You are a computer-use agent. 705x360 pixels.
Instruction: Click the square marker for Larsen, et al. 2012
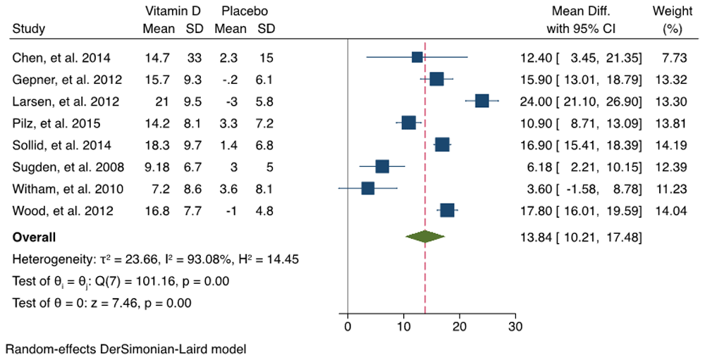tap(482, 101)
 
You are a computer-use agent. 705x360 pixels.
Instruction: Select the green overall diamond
tap(425, 237)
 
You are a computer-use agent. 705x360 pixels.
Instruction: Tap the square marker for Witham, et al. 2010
tap(367, 188)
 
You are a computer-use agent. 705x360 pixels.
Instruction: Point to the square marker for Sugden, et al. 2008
tap(381, 166)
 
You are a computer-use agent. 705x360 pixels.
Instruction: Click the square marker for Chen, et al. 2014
tap(417, 57)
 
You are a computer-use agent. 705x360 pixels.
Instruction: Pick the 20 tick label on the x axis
tap(460, 326)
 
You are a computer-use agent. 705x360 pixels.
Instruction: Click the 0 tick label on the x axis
tap(348, 326)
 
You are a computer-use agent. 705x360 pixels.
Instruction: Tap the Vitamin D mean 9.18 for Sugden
tap(157, 167)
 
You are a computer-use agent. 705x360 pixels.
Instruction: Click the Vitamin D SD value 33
tap(195, 57)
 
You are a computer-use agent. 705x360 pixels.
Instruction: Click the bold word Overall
tap(35, 237)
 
